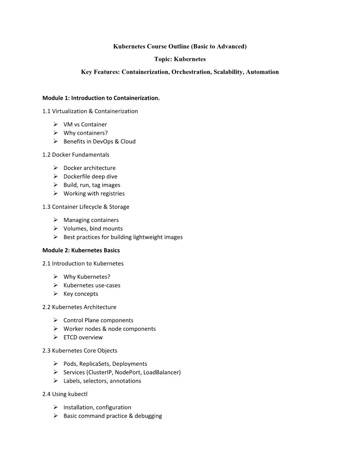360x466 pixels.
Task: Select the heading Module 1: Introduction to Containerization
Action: click(101, 98)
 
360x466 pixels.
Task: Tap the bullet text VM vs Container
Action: click(85, 124)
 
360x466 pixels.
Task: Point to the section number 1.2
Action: click(46, 155)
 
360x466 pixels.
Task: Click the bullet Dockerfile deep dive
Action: click(90, 177)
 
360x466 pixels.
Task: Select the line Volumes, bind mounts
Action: click(93, 229)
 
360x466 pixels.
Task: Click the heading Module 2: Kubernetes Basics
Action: click(81, 250)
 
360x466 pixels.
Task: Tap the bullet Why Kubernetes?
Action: click(87, 277)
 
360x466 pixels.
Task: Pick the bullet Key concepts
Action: click(81, 294)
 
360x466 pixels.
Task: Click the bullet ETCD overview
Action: click(83, 338)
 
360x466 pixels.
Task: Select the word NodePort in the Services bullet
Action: click(127, 372)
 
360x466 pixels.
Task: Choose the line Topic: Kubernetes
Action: click(180, 59)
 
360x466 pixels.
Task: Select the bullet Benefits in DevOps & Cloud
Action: click(99, 142)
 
